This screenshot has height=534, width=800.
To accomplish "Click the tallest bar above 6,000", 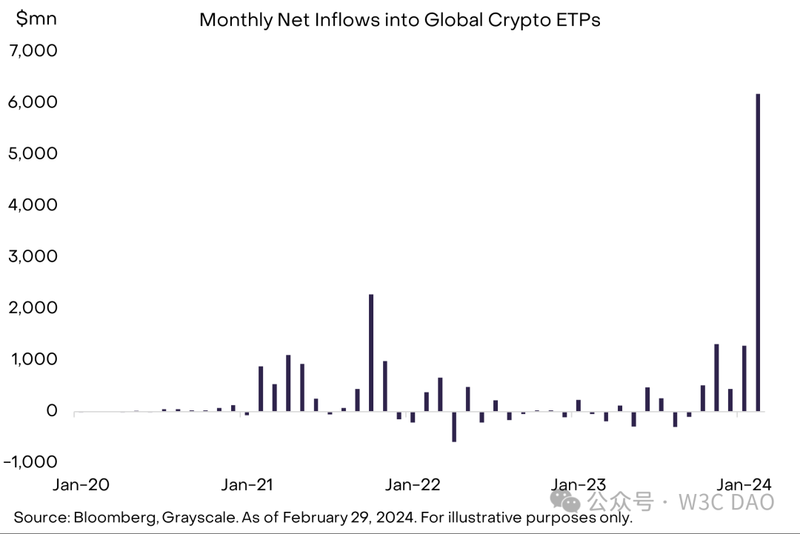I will point(758,252).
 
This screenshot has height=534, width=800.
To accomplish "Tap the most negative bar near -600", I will point(454,427).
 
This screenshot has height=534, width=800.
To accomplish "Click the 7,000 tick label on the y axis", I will point(31,51).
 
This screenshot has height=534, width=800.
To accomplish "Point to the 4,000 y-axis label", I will point(31,204).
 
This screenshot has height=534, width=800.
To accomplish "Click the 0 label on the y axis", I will point(51,411).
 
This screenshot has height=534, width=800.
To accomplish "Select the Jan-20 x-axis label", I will point(81,485).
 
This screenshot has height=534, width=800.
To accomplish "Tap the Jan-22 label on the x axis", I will point(413,485).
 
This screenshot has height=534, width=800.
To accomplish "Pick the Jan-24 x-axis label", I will point(745,485).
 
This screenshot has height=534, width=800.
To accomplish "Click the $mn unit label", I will point(36,19).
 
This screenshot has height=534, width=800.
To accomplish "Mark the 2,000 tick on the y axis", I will point(31,307).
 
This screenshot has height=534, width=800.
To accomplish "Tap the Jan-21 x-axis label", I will point(247,485).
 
